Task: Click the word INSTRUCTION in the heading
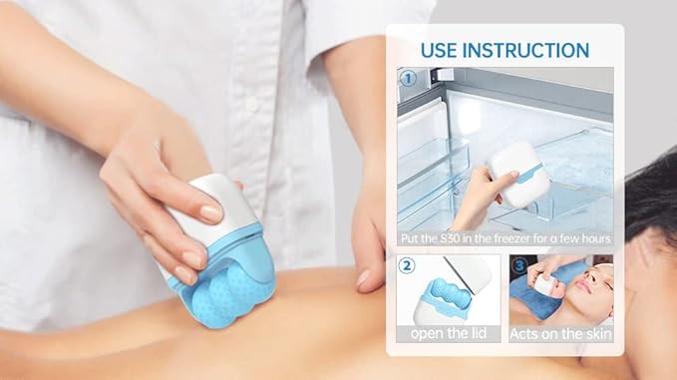[x=529, y=49]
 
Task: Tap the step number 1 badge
[x=407, y=77]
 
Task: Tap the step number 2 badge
[x=407, y=266]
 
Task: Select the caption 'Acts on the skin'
[x=560, y=333]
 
